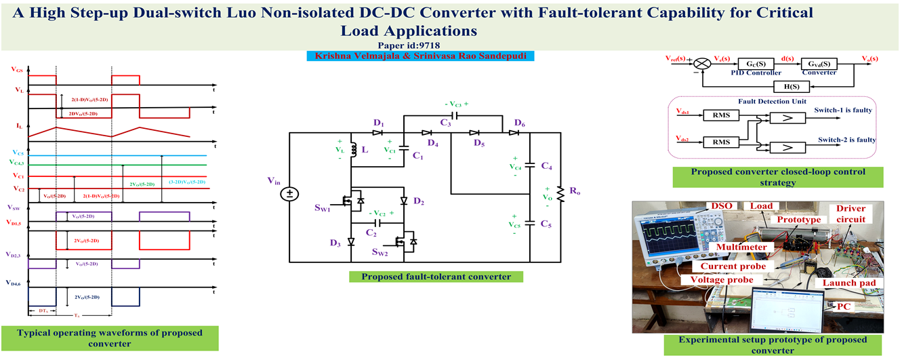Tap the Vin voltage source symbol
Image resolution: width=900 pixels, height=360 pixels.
(x=289, y=195)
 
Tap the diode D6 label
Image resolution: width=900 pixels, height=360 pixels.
(x=519, y=122)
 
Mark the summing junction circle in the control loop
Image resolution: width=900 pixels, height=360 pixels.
(x=704, y=63)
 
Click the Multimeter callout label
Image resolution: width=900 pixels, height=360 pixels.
(x=745, y=248)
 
